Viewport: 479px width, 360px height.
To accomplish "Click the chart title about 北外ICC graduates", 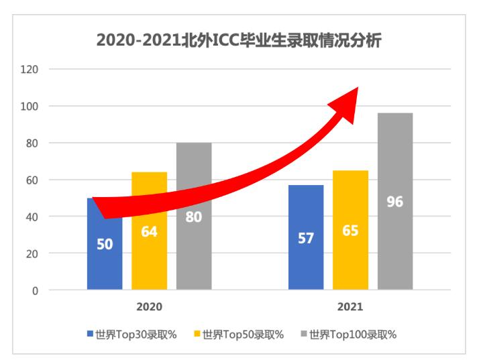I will click(239, 41).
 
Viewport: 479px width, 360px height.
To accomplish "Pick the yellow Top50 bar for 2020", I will click(149, 261).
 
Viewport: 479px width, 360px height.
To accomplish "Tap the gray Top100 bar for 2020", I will click(194, 255).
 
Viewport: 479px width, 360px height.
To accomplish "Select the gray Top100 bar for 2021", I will click(395, 248).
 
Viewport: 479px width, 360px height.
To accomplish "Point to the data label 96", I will click(395, 201).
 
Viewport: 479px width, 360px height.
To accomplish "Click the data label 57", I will click(306, 238).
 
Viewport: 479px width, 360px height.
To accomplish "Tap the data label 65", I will click(350, 231).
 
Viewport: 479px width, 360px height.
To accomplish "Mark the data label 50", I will click(105, 244).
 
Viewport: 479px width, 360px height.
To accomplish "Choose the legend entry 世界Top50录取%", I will click(239, 334).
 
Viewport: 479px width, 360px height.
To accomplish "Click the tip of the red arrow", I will click(359, 88).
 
